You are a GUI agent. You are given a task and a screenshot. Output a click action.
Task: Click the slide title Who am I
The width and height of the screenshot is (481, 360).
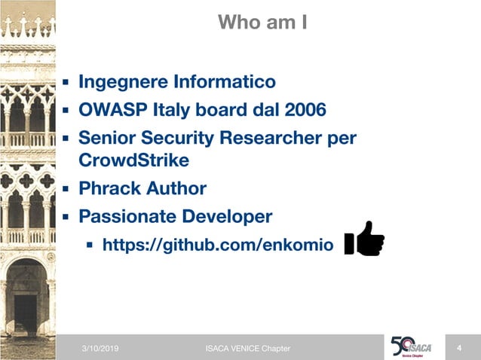coord(262,22)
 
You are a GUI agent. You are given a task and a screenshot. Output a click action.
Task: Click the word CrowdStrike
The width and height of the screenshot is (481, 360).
coord(133,160)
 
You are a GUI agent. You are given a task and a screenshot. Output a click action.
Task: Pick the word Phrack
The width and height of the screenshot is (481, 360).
coord(109,188)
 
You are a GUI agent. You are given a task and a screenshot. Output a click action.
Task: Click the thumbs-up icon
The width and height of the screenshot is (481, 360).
coord(364,240)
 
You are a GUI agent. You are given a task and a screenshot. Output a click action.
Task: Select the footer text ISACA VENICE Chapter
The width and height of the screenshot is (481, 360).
coord(247,348)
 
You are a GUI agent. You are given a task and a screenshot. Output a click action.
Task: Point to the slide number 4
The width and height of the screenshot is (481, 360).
coord(459,347)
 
